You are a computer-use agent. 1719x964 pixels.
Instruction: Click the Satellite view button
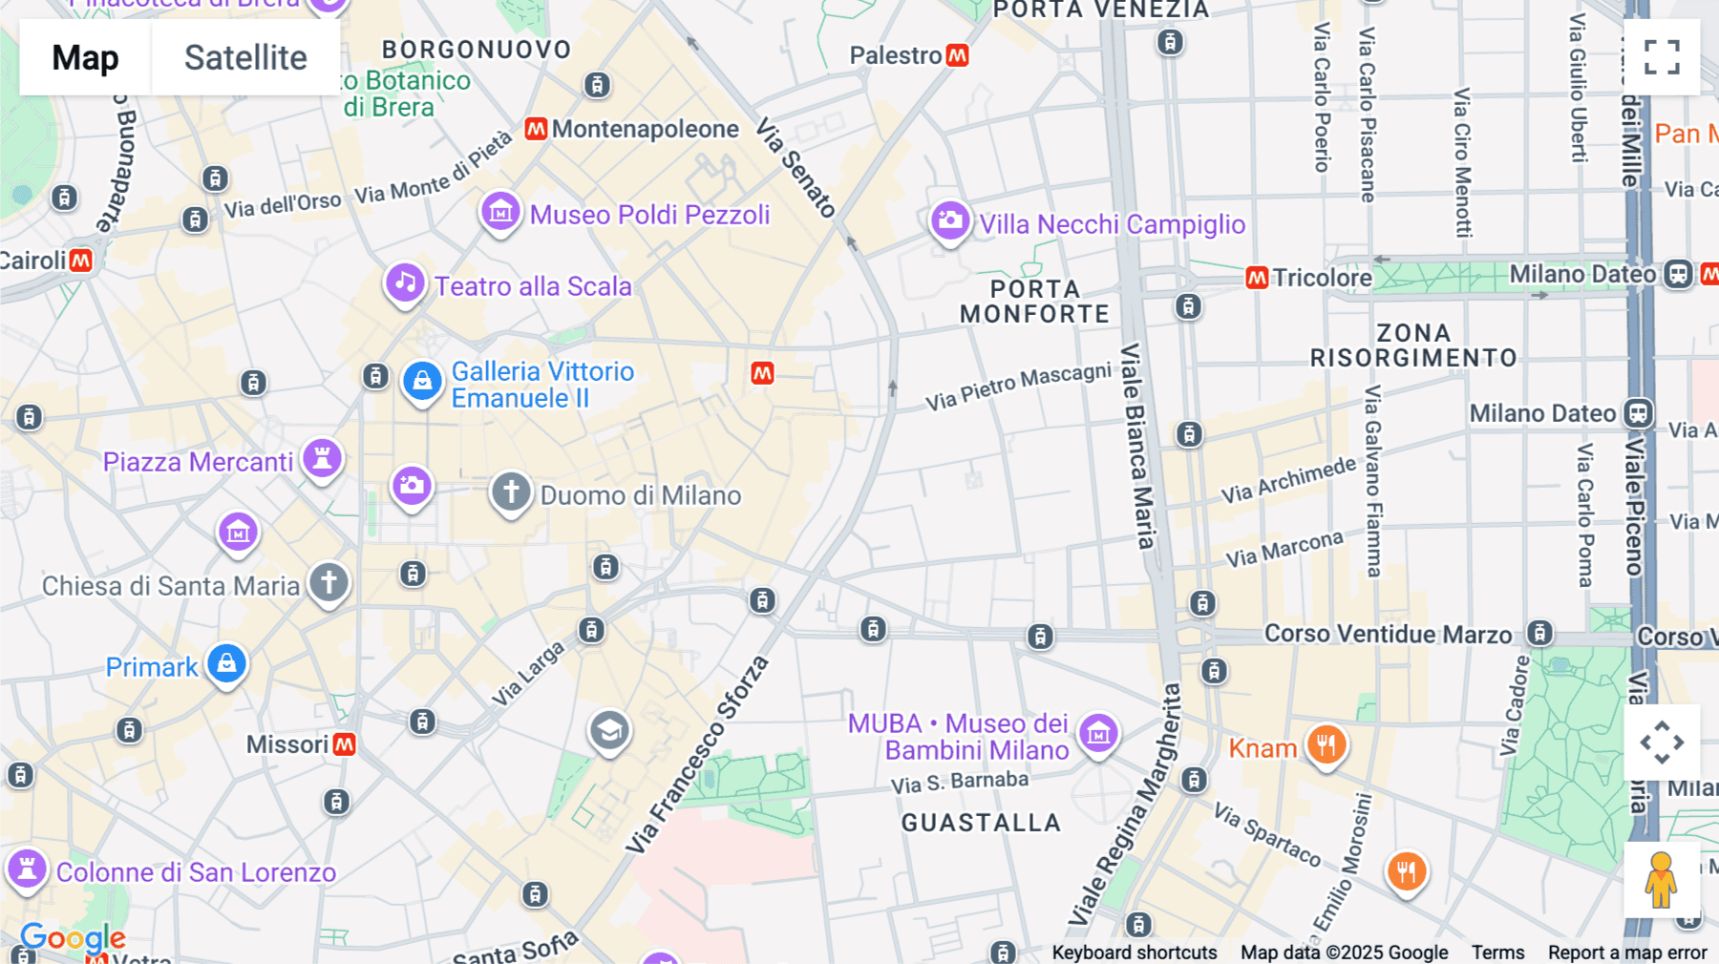245,58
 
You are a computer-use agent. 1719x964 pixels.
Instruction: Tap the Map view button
85,58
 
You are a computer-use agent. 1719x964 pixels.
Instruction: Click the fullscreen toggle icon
1662,57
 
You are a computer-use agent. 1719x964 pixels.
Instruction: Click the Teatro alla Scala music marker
405,283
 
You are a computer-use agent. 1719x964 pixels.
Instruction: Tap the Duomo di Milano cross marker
511,492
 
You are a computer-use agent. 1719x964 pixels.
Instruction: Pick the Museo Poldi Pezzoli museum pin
500,212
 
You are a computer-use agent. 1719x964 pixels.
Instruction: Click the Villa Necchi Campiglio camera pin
949,221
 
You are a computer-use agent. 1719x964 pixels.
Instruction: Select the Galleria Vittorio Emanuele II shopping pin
421,382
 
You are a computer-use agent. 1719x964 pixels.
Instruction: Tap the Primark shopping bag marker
226,663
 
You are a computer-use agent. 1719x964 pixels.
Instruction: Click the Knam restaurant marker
1326,744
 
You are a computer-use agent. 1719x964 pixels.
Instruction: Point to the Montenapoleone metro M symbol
536,129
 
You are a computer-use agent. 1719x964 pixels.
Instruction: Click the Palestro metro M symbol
957,55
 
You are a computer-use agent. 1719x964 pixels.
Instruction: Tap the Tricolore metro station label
1322,278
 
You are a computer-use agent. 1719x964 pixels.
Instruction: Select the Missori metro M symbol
344,744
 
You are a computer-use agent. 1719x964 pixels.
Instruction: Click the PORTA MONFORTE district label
1034,302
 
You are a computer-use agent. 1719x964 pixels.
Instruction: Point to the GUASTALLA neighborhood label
981,823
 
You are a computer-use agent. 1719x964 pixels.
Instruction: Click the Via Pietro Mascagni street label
1018,386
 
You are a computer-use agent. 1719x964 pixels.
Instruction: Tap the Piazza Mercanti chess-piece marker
322,458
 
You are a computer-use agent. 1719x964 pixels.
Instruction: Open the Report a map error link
1626,953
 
